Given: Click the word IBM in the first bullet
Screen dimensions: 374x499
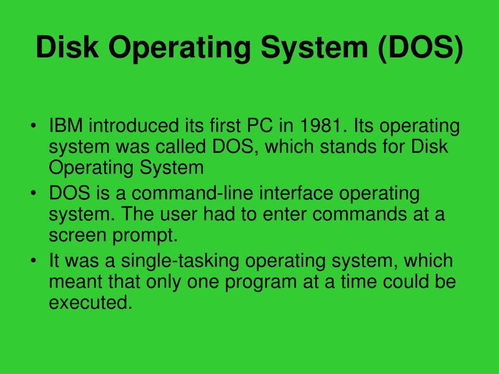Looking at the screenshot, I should pos(67,126).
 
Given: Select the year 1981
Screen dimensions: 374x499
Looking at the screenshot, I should pos(320,126).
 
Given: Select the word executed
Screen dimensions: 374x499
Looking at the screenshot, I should pos(90,303).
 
